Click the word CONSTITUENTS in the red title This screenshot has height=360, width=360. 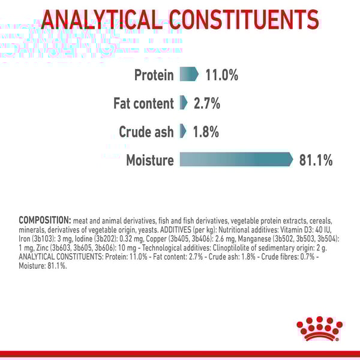[x=244, y=20]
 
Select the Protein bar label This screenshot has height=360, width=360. [x=154, y=75]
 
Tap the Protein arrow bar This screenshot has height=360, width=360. [x=189, y=74]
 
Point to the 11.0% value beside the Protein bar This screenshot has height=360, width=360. [x=222, y=75]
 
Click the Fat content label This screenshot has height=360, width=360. [x=144, y=103]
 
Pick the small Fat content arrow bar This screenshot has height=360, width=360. [x=184, y=103]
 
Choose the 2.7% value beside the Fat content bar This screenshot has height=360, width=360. [x=207, y=103]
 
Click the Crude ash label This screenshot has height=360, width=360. [x=146, y=132]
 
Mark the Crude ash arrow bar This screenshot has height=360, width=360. [x=183, y=131]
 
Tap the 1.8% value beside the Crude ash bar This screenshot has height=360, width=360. [x=206, y=132]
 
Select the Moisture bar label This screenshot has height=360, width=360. [x=150, y=160]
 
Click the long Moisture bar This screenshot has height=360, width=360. [x=236, y=159]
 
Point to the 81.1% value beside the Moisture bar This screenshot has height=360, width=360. [x=316, y=160]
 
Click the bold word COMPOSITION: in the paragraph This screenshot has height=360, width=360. [x=45, y=220]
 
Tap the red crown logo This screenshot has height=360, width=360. [x=319, y=329]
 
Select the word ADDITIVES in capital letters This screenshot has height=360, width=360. [x=176, y=230]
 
